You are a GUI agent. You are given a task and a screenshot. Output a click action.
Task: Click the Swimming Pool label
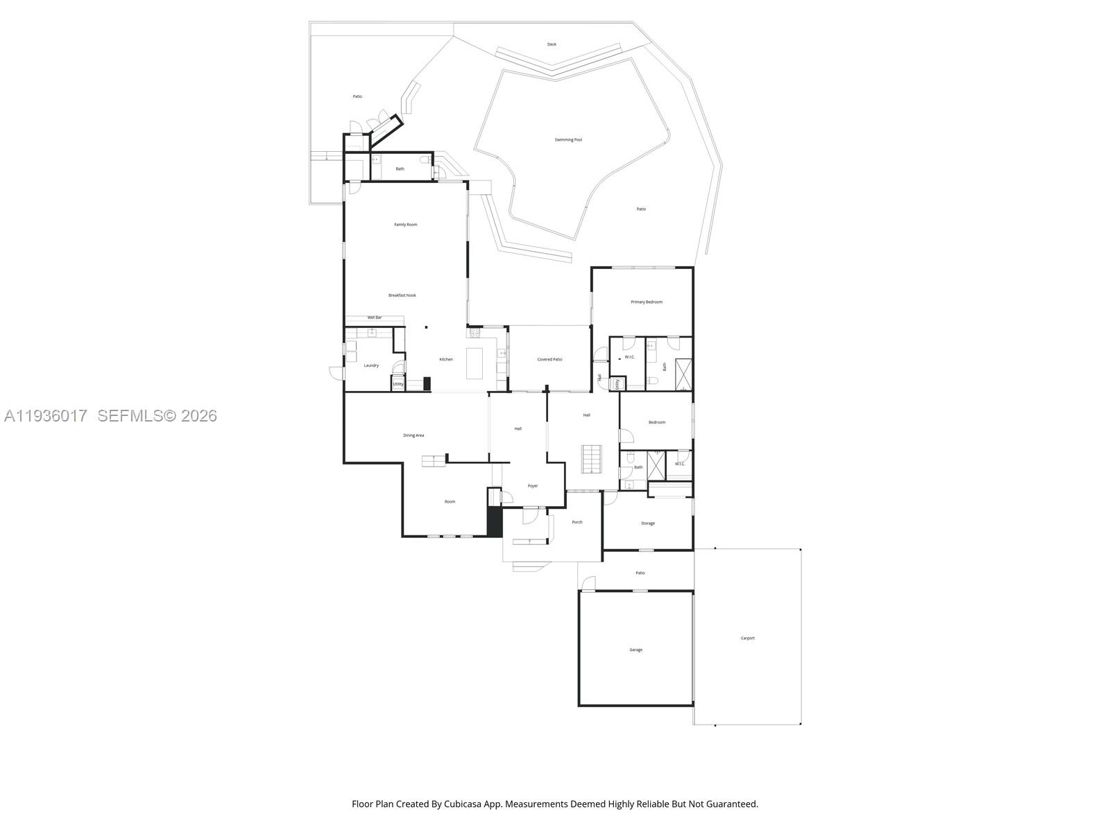[568, 140]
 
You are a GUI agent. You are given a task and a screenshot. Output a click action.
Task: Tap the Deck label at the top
[552, 44]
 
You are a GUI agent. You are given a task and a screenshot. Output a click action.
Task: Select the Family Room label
[406, 225]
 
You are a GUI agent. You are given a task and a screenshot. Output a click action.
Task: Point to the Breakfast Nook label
[402, 295]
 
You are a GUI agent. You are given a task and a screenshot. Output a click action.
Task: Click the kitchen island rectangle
[475, 363]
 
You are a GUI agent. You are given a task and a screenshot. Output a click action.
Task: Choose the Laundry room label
[371, 365]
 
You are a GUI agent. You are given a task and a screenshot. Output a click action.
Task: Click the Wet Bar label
[375, 318]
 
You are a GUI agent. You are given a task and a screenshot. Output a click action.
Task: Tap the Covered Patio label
[549, 360]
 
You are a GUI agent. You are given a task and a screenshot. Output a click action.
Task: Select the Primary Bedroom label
[647, 302]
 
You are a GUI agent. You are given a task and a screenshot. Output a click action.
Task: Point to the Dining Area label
[413, 435]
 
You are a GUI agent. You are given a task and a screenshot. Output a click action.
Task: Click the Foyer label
[533, 486]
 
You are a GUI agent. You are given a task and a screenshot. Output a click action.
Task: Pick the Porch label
[577, 522]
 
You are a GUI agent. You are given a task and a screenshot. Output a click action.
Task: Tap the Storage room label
[648, 523]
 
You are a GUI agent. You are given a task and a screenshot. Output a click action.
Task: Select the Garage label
[635, 650]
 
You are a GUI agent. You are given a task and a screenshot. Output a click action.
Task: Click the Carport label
[748, 638]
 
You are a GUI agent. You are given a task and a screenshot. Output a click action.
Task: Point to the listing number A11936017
[46, 415]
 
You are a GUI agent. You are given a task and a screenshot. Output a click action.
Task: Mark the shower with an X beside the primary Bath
[683, 374]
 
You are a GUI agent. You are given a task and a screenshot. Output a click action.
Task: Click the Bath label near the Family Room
[400, 168]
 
